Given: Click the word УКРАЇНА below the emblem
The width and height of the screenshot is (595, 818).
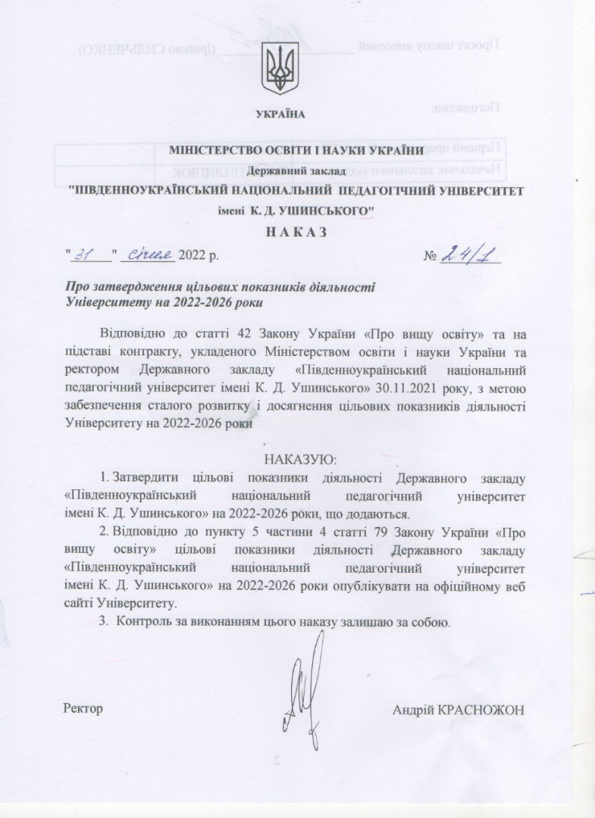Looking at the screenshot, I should (x=280, y=114).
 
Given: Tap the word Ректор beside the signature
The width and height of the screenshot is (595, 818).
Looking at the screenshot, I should (x=83, y=709).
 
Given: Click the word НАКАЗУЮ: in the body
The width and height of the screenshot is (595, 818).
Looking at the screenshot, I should (x=297, y=460).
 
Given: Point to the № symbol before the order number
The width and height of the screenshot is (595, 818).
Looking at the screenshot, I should (x=432, y=254).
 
